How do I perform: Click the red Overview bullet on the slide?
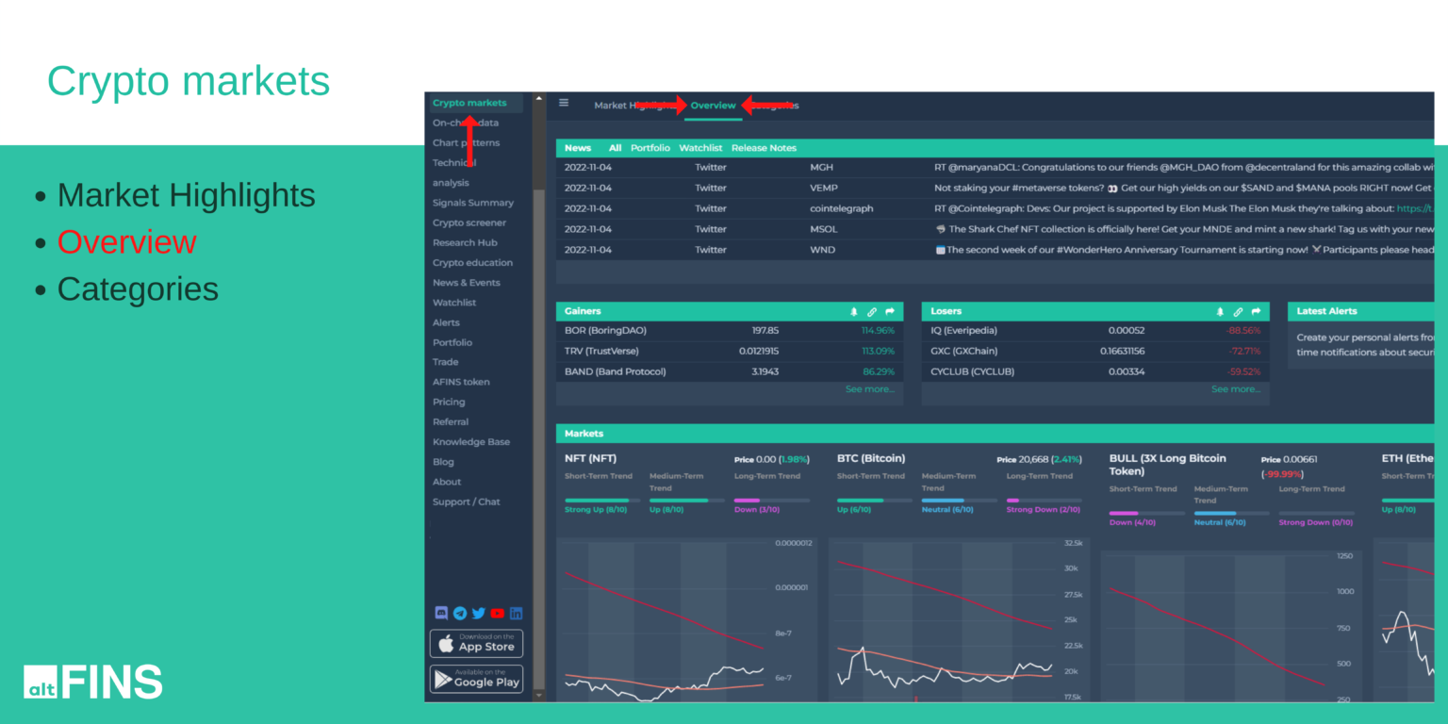point(126,242)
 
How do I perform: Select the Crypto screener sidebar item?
point(469,222)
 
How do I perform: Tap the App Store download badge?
point(476,643)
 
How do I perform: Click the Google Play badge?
point(476,679)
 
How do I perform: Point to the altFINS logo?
point(92,682)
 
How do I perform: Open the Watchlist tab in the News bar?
point(700,148)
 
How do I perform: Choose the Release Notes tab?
point(764,148)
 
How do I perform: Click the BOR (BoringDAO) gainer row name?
point(605,331)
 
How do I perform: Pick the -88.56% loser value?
point(1242,331)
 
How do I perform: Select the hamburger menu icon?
point(564,103)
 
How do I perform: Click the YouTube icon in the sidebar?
point(497,613)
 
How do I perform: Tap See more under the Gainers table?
point(869,389)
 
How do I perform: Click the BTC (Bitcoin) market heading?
point(870,458)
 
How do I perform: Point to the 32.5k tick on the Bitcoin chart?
point(1072,544)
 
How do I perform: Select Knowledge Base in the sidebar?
point(470,442)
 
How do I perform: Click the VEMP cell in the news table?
point(824,188)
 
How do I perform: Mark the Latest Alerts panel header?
point(1325,311)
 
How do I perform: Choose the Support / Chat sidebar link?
point(466,502)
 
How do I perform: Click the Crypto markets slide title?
point(189,81)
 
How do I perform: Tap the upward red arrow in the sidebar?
point(469,141)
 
